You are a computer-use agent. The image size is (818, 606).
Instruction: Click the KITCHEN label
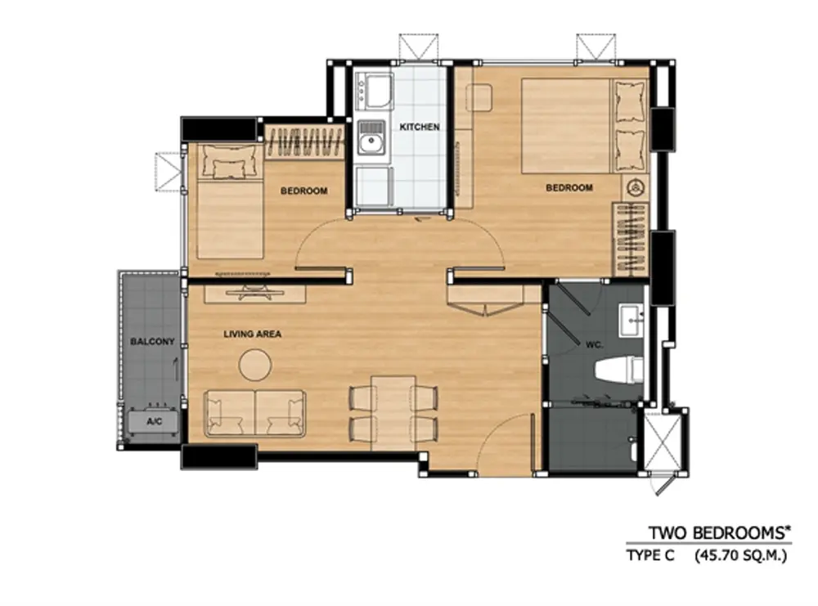click(x=420, y=127)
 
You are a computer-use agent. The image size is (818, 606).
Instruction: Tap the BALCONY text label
click(x=152, y=342)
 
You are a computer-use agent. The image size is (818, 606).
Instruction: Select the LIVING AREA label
click(x=253, y=334)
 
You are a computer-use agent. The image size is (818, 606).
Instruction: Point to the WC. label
click(x=594, y=345)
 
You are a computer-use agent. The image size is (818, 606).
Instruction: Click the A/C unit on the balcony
click(x=154, y=421)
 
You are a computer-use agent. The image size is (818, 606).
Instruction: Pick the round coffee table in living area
click(x=255, y=365)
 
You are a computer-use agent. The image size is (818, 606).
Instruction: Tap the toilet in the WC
click(x=619, y=369)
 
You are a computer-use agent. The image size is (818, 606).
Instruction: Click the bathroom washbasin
click(x=631, y=321)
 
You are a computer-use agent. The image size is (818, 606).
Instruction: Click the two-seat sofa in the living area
click(x=255, y=413)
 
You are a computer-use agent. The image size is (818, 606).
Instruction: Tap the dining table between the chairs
click(x=393, y=412)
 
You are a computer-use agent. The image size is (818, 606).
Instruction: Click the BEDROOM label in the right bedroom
click(x=569, y=187)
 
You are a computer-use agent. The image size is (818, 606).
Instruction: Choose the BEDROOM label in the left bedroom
click(x=304, y=191)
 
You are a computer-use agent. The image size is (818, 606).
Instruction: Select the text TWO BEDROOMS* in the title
click(x=720, y=533)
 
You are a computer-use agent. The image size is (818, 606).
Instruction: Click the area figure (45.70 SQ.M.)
click(x=740, y=556)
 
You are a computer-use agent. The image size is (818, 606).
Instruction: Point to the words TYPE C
click(x=650, y=556)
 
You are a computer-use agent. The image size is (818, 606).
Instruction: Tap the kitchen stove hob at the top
click(x=374, y=91)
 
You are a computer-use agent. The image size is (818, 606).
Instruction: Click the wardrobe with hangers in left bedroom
click(x=304, y=141)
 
